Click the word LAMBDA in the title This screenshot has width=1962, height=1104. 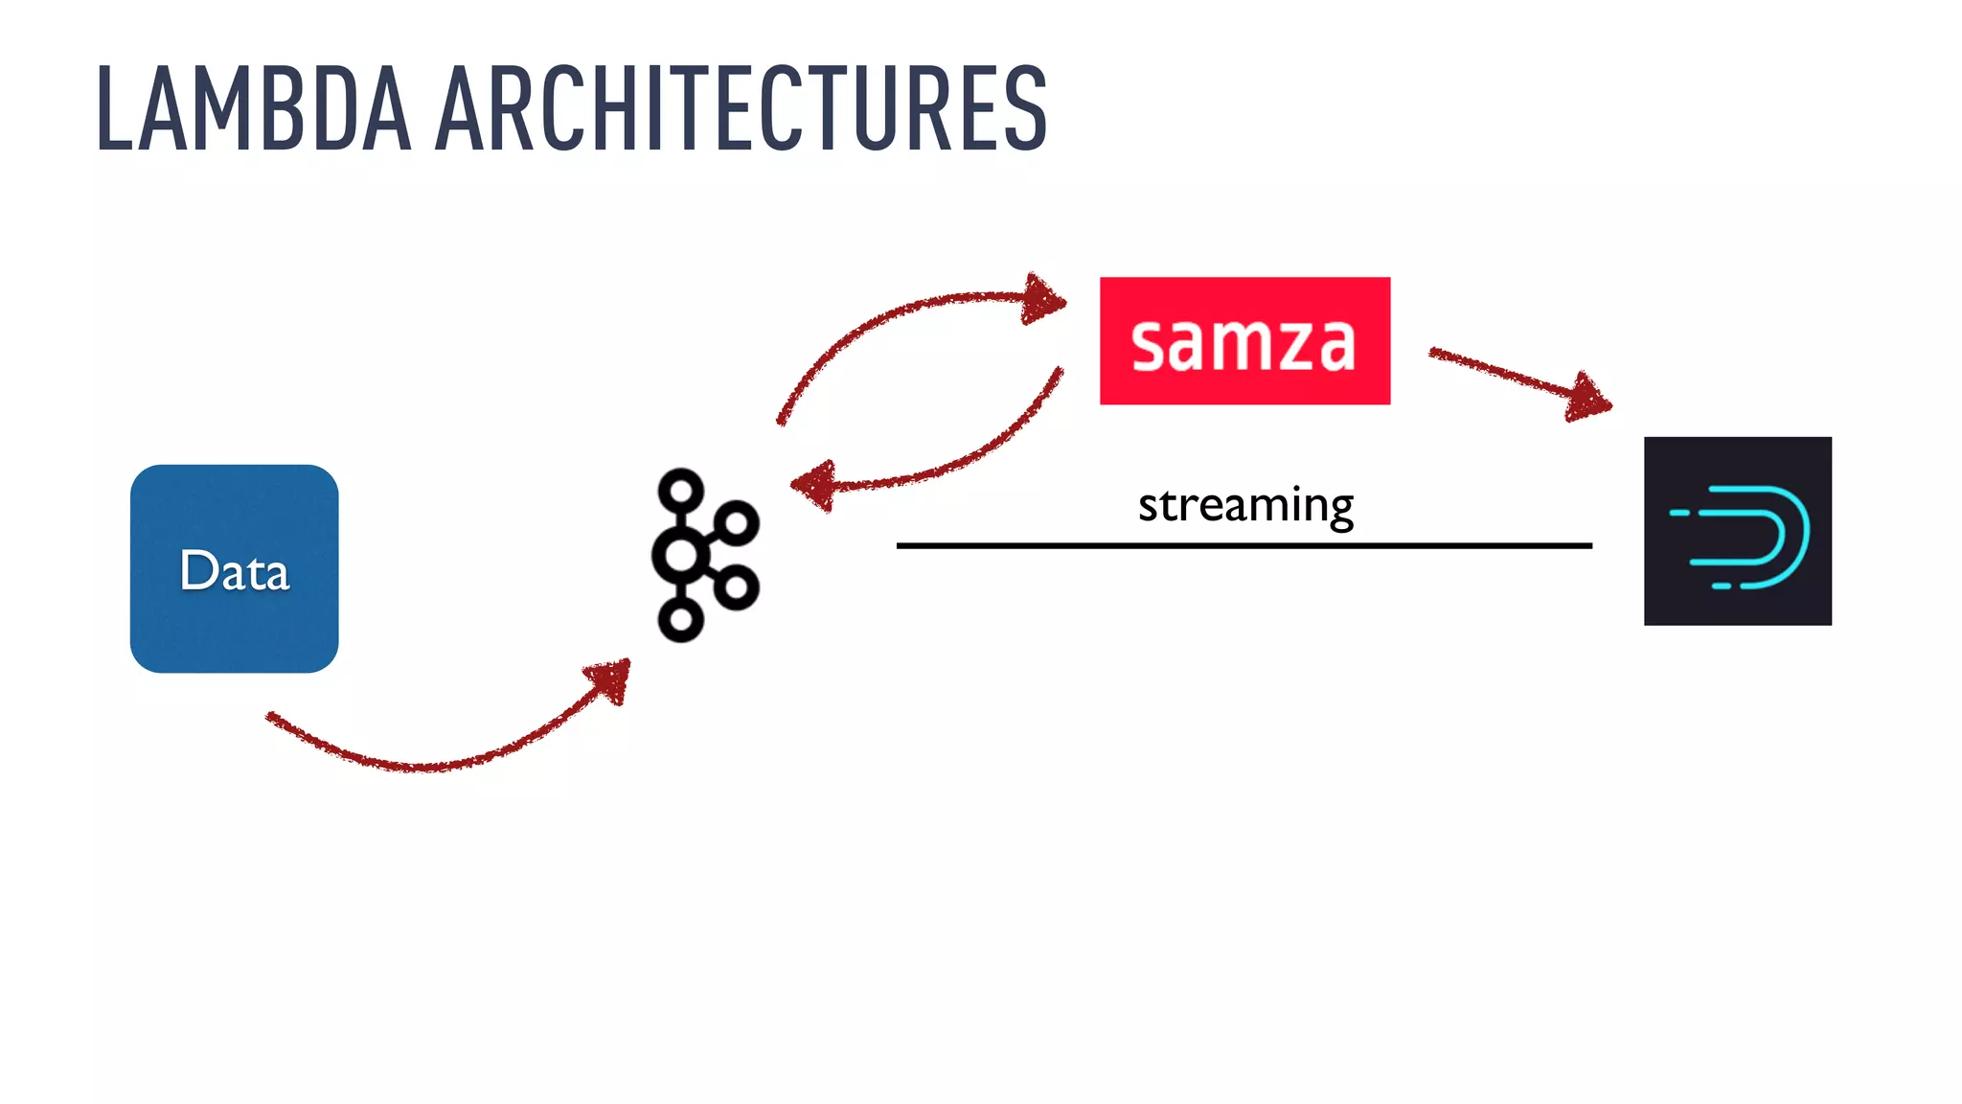coord(254,109)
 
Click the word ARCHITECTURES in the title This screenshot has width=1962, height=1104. coord(741,109)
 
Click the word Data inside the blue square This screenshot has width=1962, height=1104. coord(234,571)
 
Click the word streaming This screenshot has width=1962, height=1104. coord(1245,505)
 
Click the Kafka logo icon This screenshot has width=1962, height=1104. coord(704,555)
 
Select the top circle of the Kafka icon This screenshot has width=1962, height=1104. coord(681,491)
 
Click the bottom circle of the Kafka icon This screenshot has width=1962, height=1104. coord(681,620)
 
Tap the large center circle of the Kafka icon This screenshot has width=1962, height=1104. coord(681,555)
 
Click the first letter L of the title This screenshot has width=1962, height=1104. coord(114,109)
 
